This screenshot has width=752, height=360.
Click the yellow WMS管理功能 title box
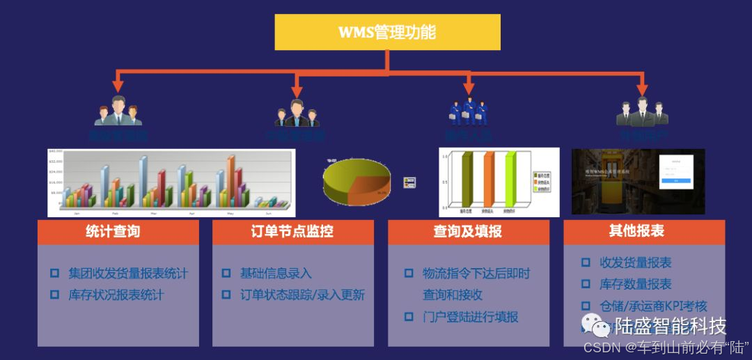tap(387, 32)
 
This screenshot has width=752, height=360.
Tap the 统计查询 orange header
tap(118, 232)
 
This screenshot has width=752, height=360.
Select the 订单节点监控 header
tap(292, 232)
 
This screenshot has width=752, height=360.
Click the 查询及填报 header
tap(468, 232)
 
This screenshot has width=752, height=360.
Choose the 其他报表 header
tap(643, 231)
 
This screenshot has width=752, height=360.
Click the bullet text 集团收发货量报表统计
tap(128, 274)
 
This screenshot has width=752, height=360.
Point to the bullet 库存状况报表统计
tap(116, 295)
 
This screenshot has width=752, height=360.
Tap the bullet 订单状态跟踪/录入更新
tap(302, 295)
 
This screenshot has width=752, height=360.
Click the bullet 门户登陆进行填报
tap(471, 317)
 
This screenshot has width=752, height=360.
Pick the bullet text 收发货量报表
tap(636, 263)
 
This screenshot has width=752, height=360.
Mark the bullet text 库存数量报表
tap(636, 284)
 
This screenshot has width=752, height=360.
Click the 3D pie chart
tap(357, 180)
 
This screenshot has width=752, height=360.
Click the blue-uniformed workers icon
tap(467, 111)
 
